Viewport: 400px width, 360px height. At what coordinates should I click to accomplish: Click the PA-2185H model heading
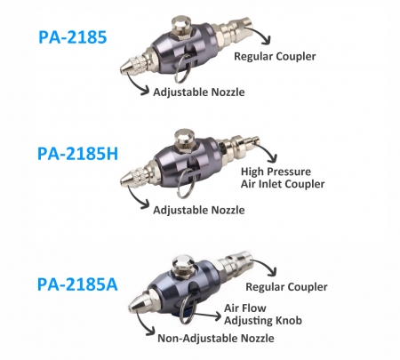[77, 154]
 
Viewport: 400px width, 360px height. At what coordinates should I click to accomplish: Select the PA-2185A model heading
[77, 284]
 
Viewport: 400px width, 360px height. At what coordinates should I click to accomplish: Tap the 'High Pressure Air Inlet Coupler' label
[283, 178]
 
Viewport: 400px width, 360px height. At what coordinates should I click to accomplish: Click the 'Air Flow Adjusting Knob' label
[263, 315]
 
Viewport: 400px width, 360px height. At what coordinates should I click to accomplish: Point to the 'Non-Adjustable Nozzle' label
[216, 338]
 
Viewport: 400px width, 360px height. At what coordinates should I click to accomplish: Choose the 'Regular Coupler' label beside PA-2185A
[286, 287]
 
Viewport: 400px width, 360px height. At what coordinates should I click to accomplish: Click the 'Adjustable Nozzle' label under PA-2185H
[199, 210]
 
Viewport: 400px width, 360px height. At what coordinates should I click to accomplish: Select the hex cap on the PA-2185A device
[184, 265]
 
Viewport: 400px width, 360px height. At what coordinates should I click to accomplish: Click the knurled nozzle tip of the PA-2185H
[132, 177]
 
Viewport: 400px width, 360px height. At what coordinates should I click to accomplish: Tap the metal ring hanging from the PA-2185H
[185, 183]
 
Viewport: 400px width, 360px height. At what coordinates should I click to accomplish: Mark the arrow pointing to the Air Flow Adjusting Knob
[207, 316]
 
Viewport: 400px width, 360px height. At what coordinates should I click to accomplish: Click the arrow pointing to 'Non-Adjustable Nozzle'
[141, 325]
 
